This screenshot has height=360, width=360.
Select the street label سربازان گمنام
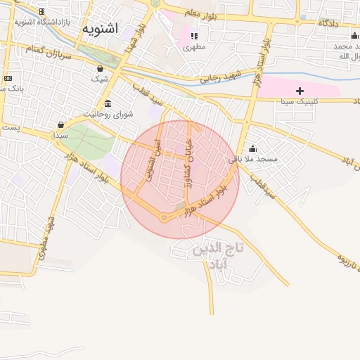point(44,50)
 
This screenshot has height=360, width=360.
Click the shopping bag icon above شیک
point(100,69)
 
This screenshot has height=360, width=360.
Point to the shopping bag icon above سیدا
point(60,124)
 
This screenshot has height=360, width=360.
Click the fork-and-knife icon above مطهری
point(194,35)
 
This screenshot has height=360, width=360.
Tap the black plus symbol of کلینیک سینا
point(300,91)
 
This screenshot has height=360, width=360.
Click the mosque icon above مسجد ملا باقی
point(252,148)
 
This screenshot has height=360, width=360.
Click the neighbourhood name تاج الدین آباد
point(217,255)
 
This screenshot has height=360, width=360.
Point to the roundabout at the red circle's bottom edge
point(165,218)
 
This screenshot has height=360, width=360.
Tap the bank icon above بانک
point(8,78)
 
